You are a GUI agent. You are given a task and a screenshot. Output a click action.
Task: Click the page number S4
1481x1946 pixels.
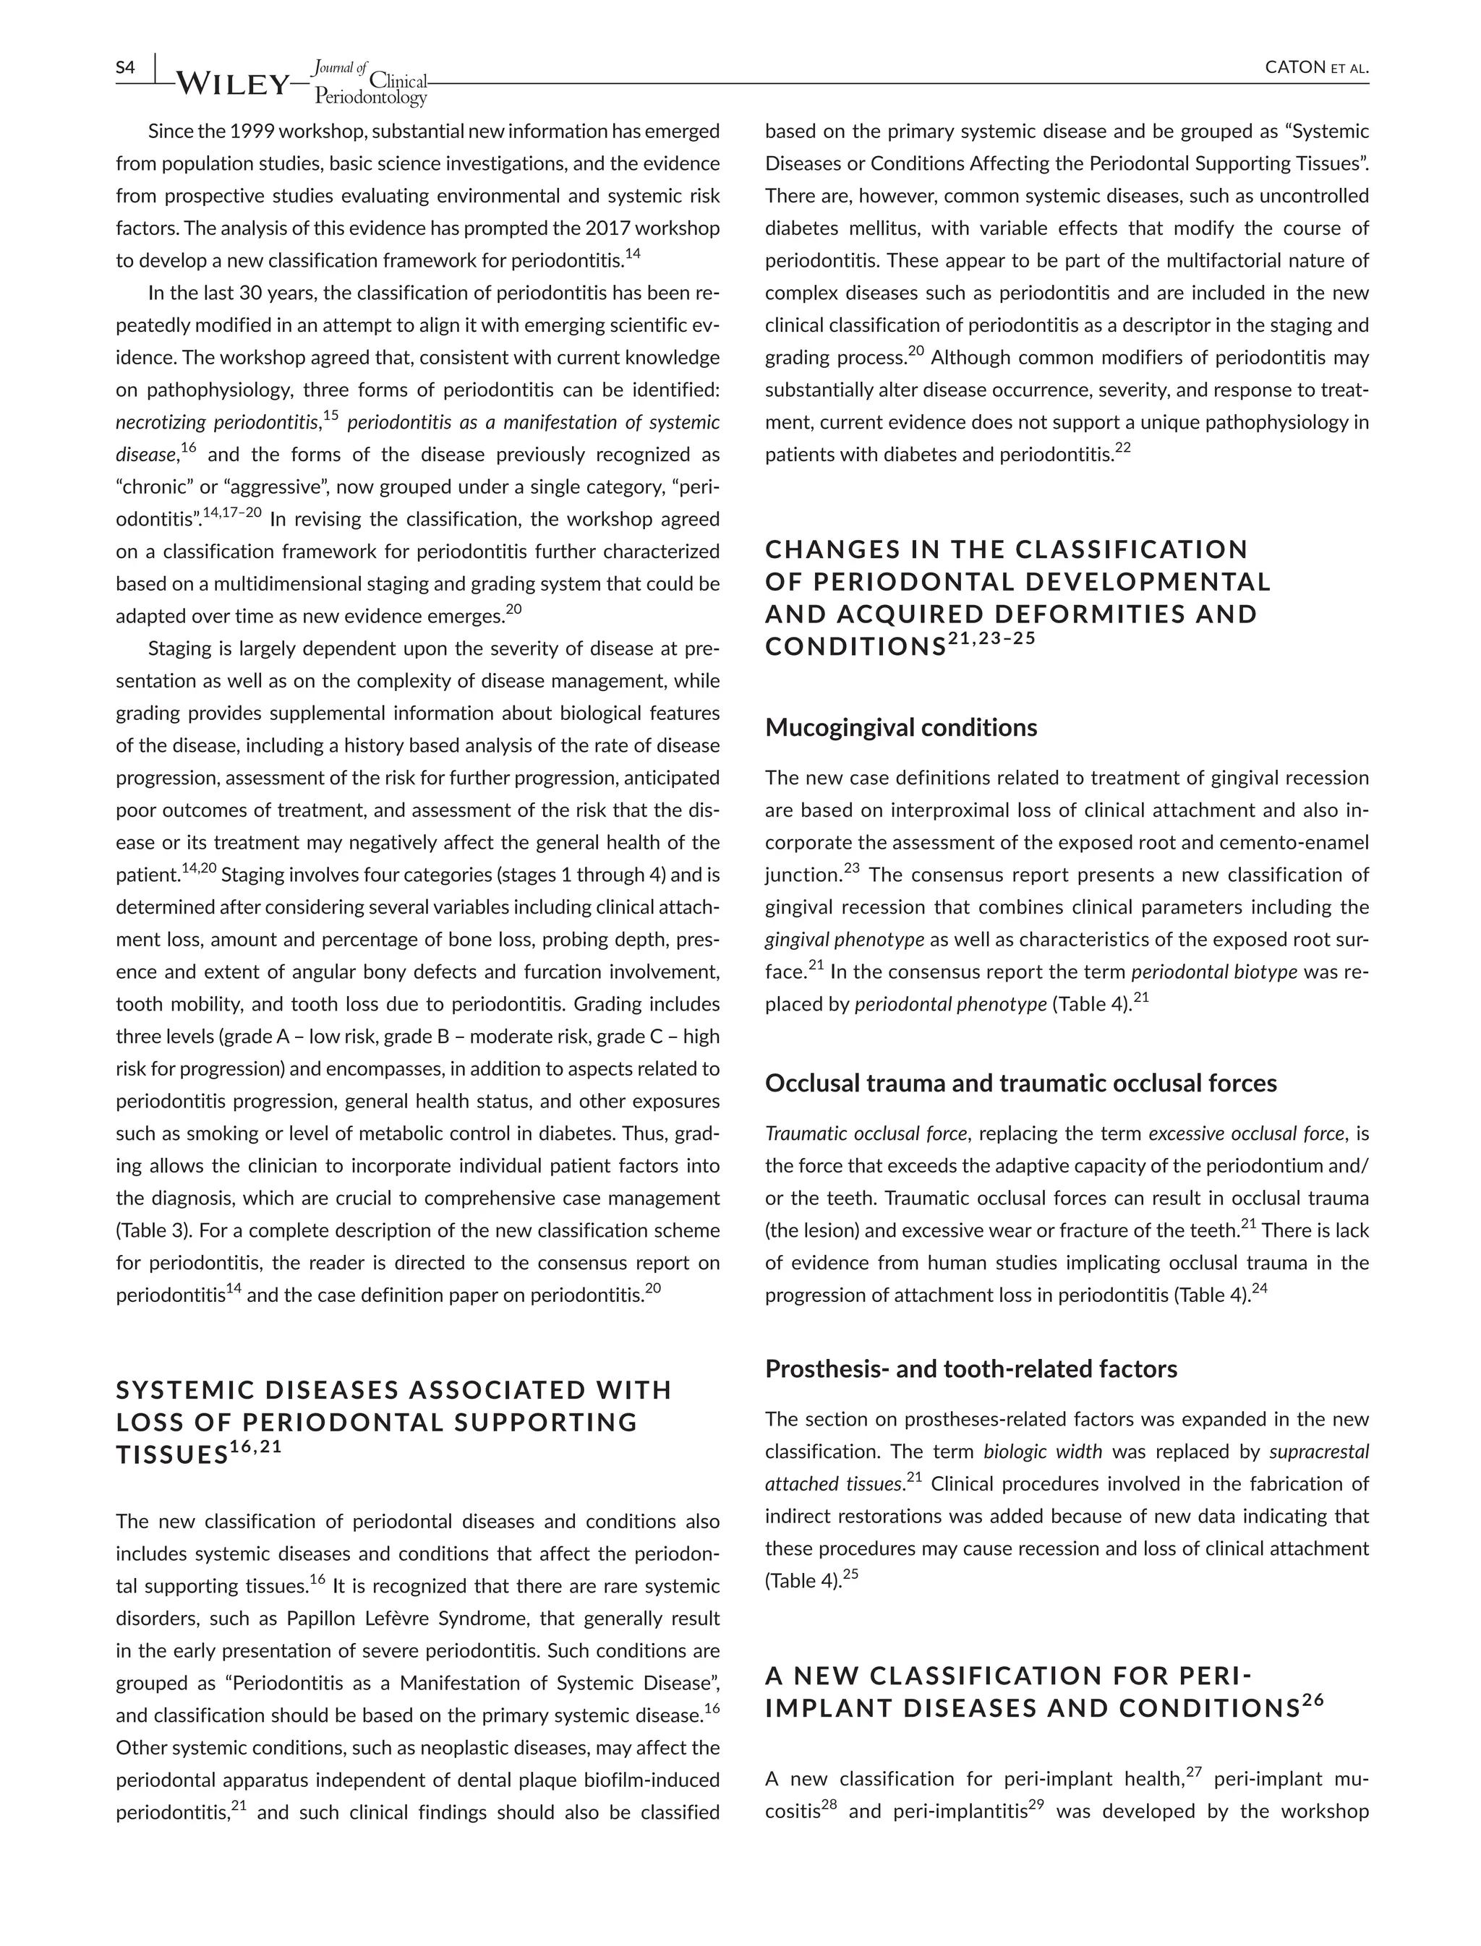[x=126, y=68]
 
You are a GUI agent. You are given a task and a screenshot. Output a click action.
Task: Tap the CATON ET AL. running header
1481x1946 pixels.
[x=1316, y=68]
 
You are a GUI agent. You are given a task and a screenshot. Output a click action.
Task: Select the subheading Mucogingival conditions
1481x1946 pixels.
[x=900, y=727]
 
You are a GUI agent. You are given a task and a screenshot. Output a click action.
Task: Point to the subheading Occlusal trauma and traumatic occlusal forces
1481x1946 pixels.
[x=1020, y=1082]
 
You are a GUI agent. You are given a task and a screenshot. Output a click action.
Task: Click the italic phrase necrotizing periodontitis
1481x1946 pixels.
[x=217, y=423]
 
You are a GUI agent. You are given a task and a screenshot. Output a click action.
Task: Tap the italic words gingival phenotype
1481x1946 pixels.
[x=844, y=940]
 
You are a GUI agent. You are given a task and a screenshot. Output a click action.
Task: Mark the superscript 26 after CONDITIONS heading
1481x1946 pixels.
[x=1313, y=1700]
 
